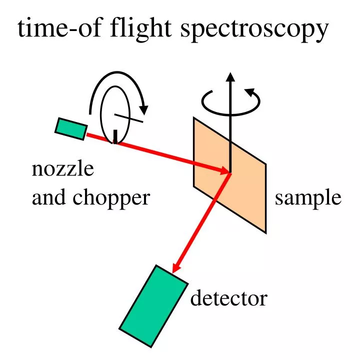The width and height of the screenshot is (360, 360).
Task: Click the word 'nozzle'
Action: [x=62, y=169]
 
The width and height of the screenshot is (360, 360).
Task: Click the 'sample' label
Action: [x=308, y=198]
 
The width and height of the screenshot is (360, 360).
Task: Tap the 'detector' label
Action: [x=229, y=299]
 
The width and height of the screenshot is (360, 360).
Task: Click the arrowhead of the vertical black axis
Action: [x=230, y=77]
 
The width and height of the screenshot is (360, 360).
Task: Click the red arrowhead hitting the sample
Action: [x=224, y=171]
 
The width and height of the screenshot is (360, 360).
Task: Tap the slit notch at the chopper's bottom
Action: [x=115, y=136]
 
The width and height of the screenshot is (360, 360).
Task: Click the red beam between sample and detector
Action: [x=202, y=220]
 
